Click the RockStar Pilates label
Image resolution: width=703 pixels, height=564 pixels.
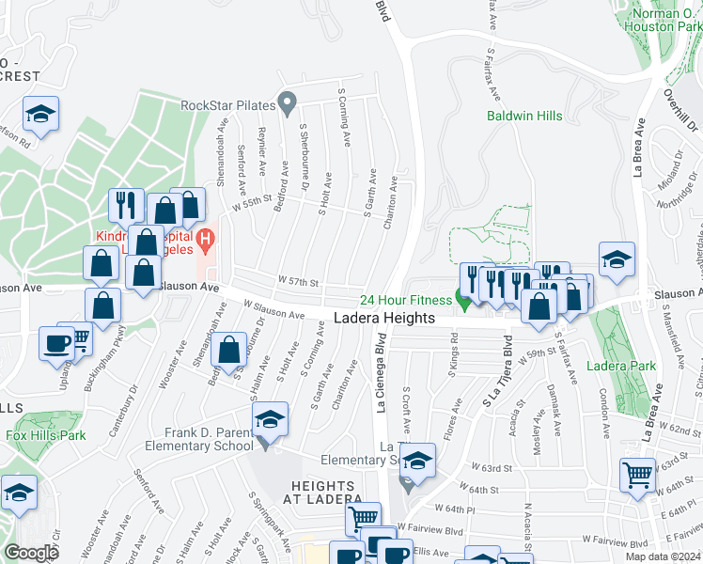tap(230, 104)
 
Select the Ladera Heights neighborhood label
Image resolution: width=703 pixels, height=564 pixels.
tap(384, 319)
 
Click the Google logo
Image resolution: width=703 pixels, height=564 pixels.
tap(32, 553)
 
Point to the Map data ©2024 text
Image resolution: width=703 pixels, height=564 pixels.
tap(662, 556)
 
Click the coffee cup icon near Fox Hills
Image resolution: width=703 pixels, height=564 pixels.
tap(57, 343)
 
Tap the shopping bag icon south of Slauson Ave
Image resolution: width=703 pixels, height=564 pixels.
tap(229, 352)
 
